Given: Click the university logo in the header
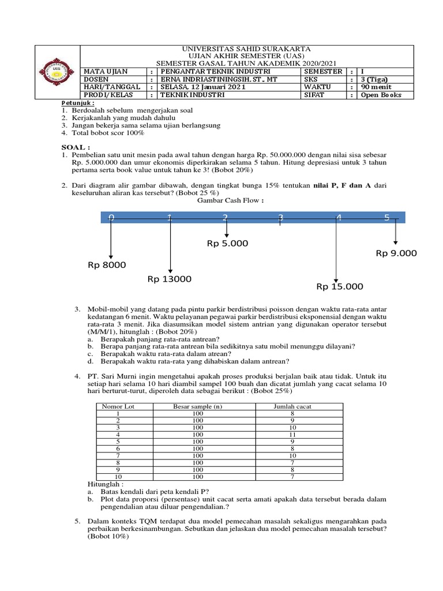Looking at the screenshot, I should [x=57, y=72].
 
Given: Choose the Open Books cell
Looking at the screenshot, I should [x=380, y=95].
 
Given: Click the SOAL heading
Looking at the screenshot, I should [x=76, y=147].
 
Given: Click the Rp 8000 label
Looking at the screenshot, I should [x=107, y=265].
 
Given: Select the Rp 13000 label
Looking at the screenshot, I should [x=169, y=279].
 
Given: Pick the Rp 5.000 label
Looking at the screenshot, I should [x=227, y=244].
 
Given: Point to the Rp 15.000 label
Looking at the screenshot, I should [x=340, y=286].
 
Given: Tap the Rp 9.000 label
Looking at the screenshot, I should [x=396, y=253].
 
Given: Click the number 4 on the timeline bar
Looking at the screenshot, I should [x=339, y=218].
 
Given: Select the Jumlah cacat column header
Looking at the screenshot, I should [x=292, y=406].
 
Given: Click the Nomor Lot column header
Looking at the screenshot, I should [x=118, y=406].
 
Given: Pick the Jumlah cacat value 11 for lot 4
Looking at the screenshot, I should [x=292, y=435].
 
